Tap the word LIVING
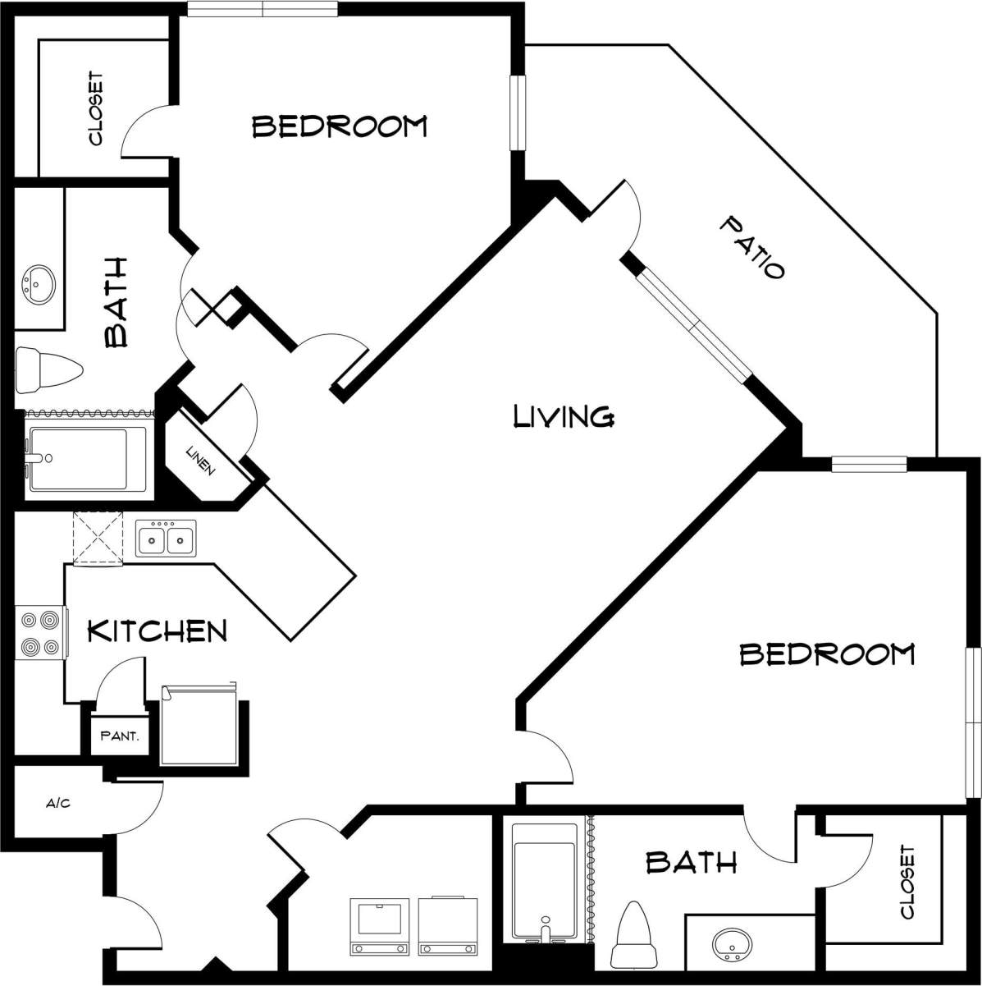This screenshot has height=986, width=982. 564,416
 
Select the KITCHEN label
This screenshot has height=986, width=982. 157,631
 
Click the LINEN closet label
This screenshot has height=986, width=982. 201,461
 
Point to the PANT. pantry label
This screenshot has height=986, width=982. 120,736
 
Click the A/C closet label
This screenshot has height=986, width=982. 57,803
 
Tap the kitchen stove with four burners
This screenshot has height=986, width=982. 40,632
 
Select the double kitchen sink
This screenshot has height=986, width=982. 166,539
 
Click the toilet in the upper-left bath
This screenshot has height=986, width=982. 49,369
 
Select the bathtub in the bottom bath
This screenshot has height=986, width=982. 543,878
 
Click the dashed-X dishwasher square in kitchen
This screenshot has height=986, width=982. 98,539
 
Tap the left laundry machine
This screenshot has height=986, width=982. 380,926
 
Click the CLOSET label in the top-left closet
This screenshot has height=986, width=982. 95,109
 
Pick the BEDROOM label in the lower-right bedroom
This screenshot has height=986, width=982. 827,654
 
